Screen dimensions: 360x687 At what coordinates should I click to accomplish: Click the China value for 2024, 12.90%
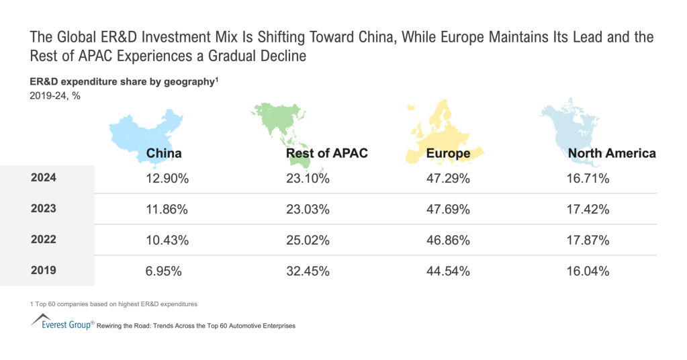pos(167,179)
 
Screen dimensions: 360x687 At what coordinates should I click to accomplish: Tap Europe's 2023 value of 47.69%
pos(448,210)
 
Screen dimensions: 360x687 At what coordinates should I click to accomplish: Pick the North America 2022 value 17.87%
pos(588,240)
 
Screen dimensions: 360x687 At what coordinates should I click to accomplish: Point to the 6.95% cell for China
pos(164,271)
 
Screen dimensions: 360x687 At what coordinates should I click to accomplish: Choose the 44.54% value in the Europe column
pos(448,271)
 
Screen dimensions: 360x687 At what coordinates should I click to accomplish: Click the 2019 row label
pos(44,271)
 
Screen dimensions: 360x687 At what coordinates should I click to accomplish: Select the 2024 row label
pos(44,178)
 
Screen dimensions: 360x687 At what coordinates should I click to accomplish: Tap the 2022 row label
pos(44,240)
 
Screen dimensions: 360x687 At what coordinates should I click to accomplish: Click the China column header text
pos(164,153)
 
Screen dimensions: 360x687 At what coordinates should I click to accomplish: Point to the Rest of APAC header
pos(326,153)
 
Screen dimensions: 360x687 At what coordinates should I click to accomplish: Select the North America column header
pos(611,153)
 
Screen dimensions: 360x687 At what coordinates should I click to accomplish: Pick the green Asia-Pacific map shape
pos(282,128)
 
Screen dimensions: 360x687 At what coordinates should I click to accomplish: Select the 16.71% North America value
pos(588,179)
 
